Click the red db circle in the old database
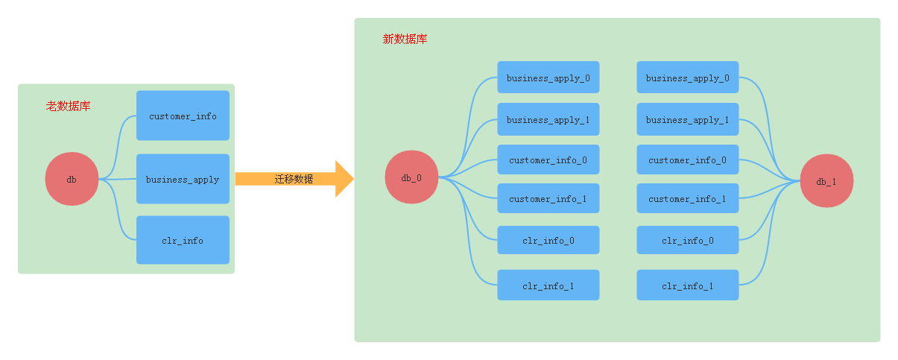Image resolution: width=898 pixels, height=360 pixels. pyautogui.click(x=72, y=179)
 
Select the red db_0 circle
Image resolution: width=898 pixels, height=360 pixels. pyautogui.click(x=411, y=177)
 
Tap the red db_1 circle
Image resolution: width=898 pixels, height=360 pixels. pyautogui.click(x=826, y=181)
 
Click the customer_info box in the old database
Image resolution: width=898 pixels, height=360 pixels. pyautogui.click(x=183, y=116)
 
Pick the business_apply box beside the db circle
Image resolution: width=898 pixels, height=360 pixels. pyautogui.click(x=183, y=179)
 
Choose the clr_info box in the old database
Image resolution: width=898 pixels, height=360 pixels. pyautogui.click(x=183, y=240)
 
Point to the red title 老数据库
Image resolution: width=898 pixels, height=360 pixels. pyautogui.click(x=68, y=107)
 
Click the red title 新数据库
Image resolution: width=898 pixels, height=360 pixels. pyautogui.click(x=405, y=40)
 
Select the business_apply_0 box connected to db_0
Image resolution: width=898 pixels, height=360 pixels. pyautogui.click(x=548, y=78)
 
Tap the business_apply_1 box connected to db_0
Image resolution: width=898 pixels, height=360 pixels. pyautogui.click(x=548, y=119)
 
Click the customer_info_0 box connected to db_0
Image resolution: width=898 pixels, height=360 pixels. pyautogui.click(x=548, y=160)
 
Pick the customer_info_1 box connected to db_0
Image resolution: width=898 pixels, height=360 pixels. pyautogui.click(x=548, y=198)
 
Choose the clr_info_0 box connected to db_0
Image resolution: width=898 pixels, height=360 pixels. pyautogui.click(x=548, y=240)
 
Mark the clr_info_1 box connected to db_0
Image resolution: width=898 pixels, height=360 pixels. pyautogui.click(x=548, y=285)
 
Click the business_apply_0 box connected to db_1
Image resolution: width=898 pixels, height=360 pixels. pyautogui.click(x=687, y=78)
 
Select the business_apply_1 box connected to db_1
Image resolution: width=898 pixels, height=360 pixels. pyautogui.click(x=687, y=119)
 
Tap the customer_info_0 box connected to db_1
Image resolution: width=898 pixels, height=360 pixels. pyautogui.click(x=687, y=160)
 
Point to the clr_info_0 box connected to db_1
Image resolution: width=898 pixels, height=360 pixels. pyautogui.click(x=687, y=240)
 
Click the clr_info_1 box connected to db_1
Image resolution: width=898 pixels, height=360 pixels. pyautogui.click(x=687, y=285)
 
